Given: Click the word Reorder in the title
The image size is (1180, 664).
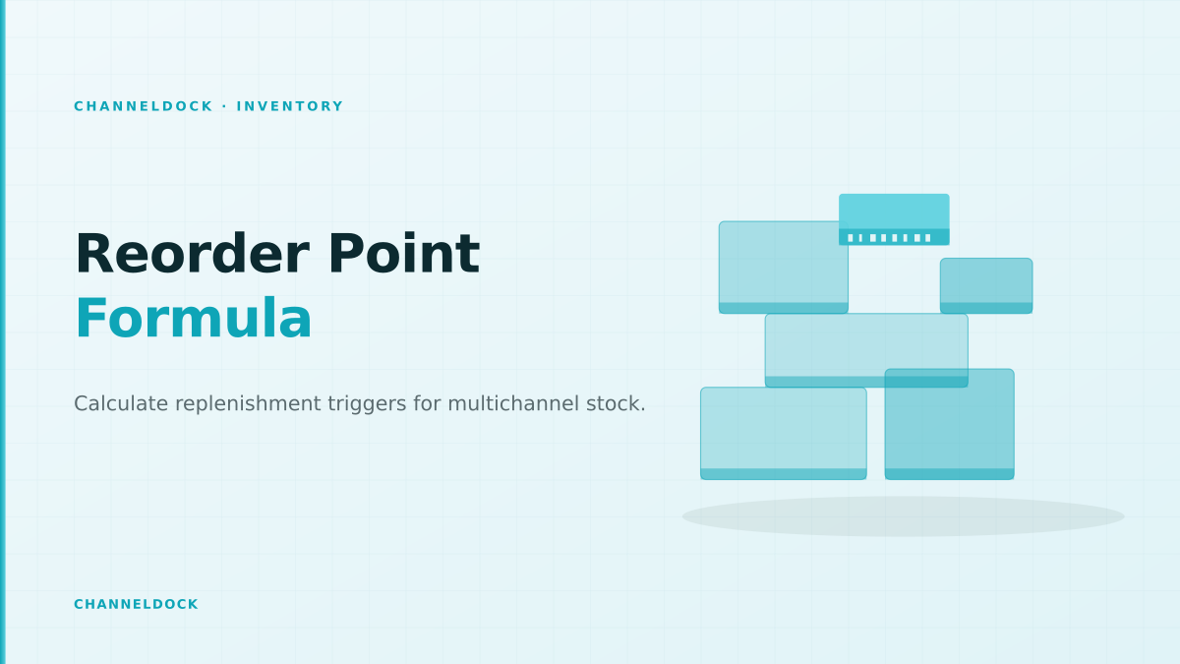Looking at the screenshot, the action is [193, 254].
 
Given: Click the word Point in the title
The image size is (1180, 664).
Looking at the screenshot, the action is [404, 254].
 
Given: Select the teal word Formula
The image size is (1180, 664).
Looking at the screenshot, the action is [194, 319].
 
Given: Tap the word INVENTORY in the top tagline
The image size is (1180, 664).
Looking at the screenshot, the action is [290, 106].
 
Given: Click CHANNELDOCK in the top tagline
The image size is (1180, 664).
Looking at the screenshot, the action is [144, 106].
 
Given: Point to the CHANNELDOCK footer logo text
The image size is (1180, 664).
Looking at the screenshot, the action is [136, 604].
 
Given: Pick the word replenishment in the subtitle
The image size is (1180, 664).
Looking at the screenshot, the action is [248, 404].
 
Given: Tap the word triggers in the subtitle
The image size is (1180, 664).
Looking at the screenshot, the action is [367, 404].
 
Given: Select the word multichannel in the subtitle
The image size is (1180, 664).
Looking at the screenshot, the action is [513, 403].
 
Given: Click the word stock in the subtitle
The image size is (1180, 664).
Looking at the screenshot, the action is [613, 403].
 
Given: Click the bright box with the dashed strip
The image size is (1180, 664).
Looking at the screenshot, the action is [894, 219].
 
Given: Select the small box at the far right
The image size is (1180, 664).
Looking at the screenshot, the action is [986, 285].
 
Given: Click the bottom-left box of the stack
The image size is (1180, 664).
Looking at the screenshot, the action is [784, 433].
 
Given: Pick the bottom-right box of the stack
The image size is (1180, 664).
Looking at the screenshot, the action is [949, 424].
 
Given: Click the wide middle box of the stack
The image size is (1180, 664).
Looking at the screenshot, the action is [866, 350].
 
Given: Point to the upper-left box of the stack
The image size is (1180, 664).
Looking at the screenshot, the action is [784, 268].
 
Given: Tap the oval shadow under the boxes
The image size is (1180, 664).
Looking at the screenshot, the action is [903, 516].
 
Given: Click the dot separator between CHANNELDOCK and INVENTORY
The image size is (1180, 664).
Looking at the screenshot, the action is [225, 106].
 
